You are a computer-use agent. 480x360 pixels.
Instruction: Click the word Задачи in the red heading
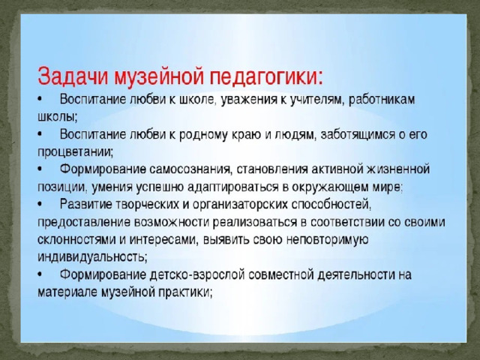tap(73, 76)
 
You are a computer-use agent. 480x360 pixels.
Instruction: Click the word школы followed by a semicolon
tap(58, 117)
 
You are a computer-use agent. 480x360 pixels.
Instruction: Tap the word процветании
tap(75, 152)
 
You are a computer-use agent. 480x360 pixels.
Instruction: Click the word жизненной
tap(398, 169)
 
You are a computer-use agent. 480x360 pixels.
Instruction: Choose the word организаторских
tap(240, 205)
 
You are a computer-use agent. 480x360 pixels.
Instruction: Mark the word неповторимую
tap(327, 240)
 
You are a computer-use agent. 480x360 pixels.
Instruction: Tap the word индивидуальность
tap(92, 257)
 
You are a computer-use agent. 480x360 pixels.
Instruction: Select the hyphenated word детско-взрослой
tap(197, 275)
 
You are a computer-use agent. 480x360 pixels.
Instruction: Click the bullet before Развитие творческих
tap(40, 205)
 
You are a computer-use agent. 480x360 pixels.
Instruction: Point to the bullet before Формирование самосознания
tap(40, 169)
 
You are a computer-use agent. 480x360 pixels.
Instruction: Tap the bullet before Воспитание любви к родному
tap(40, 135)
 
